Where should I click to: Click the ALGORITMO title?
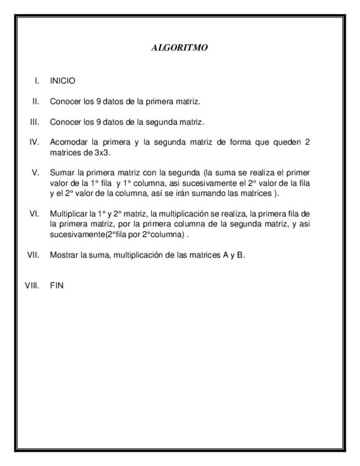pos(179,48)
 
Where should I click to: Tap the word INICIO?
pos(62,81)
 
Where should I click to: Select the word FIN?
pos(56,286)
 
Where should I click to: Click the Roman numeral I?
pos(37,81)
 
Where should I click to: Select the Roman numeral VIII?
pos(31,286)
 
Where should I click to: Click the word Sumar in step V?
pos(60,172)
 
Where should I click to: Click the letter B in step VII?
pos(240,254)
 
